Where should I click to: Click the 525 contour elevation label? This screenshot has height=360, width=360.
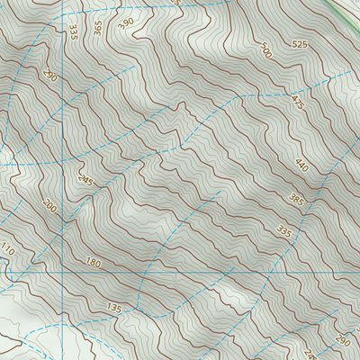click(300, 44)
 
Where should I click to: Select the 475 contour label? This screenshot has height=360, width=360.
click(296, 103)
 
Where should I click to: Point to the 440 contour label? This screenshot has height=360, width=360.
click(301, 166)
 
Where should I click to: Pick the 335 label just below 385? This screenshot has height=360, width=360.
click(284, 231)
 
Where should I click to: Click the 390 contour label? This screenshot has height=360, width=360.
click(125, 22)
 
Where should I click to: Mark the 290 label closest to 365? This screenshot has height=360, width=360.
click(50, 76)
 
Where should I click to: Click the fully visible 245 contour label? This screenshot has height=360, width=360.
click(85, 180)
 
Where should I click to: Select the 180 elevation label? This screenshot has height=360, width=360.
click(93, 263)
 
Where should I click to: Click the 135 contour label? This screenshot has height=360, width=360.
click(114, 309)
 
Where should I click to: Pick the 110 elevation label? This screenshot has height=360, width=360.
click(8, 249)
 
